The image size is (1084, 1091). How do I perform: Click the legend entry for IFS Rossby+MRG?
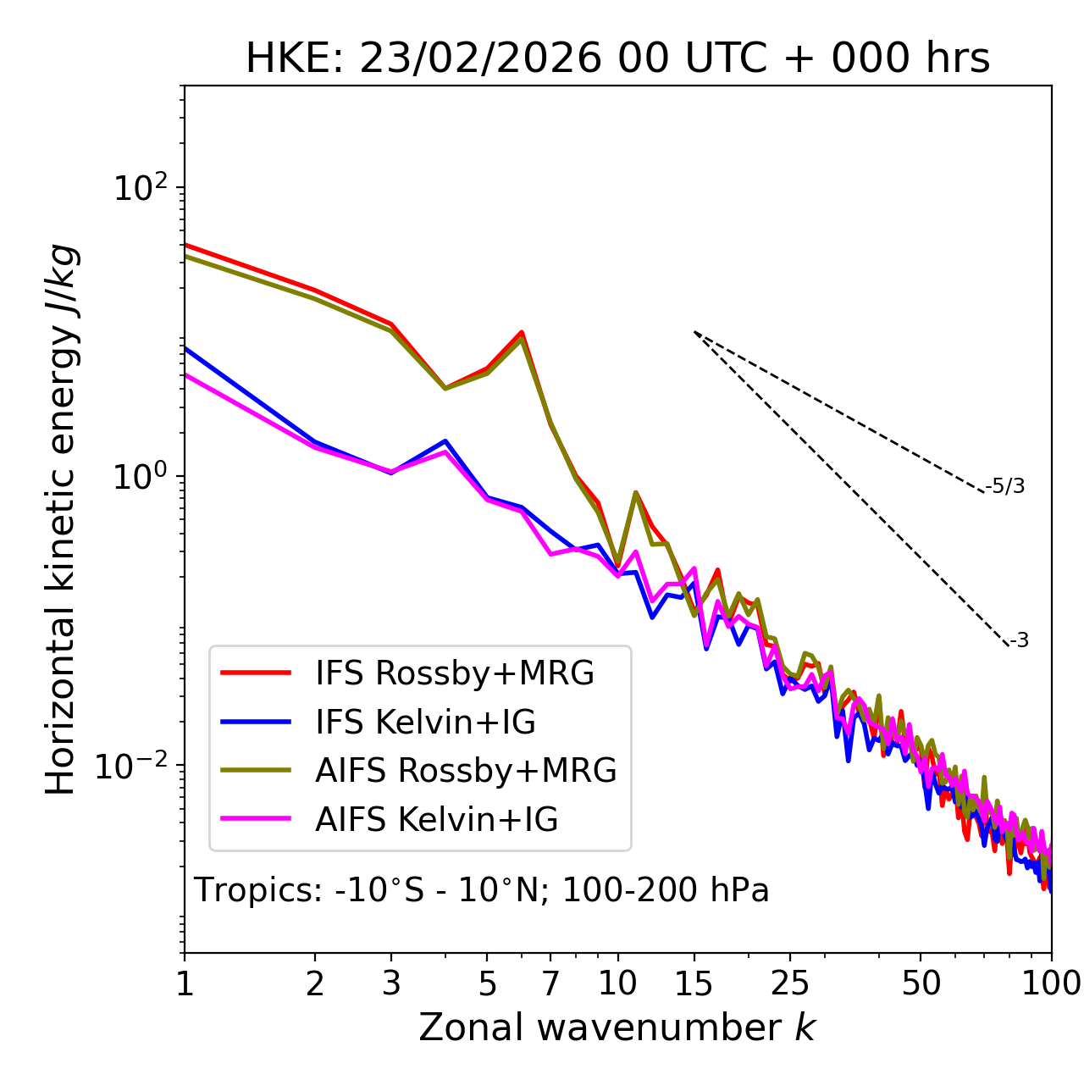pos(454,673)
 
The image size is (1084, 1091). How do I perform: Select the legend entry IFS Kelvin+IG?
pos(425,723)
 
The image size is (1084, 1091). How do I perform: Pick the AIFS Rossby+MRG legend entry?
pos(466,771)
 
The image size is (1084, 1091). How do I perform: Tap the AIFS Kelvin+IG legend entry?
pos(436,820)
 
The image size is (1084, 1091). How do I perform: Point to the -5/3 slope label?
pos(1005,486)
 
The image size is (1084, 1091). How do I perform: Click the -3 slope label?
pos(1019,641)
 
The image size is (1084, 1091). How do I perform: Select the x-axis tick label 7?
pos(550,983)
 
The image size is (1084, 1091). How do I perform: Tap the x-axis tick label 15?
pos(694,983)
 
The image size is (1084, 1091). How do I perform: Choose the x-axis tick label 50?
pos(921,983)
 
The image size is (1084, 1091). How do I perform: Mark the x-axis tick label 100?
pos(1051,983)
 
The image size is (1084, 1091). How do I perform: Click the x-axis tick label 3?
pos(391,983)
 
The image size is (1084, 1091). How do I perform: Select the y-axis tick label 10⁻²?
pos(135,766)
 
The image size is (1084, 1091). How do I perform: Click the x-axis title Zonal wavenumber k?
pos(617,1027)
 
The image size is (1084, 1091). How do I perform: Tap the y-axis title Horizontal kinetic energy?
pos(62,520)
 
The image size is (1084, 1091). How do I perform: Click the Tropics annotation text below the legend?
pos(481,890)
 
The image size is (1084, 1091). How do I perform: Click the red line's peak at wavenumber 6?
pos(522,332)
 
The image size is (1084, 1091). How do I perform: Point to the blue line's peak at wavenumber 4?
pos(445,440)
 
